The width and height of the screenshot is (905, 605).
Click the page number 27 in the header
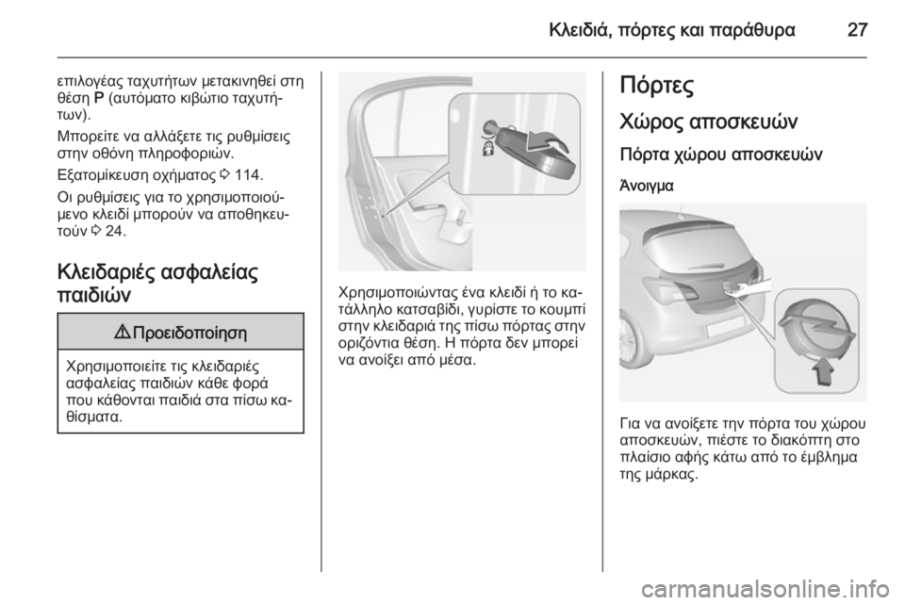point(856,29)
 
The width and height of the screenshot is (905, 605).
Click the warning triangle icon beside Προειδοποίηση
point(129,332)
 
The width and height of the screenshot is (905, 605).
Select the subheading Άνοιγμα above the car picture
point(646,186)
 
